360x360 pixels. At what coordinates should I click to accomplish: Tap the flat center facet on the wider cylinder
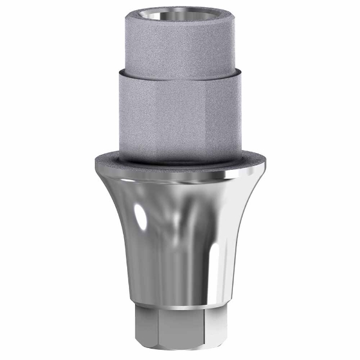pyautogui.click(x=180, y=120)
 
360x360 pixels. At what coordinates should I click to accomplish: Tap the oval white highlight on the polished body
pyautogui.click(x=140, y=219)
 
